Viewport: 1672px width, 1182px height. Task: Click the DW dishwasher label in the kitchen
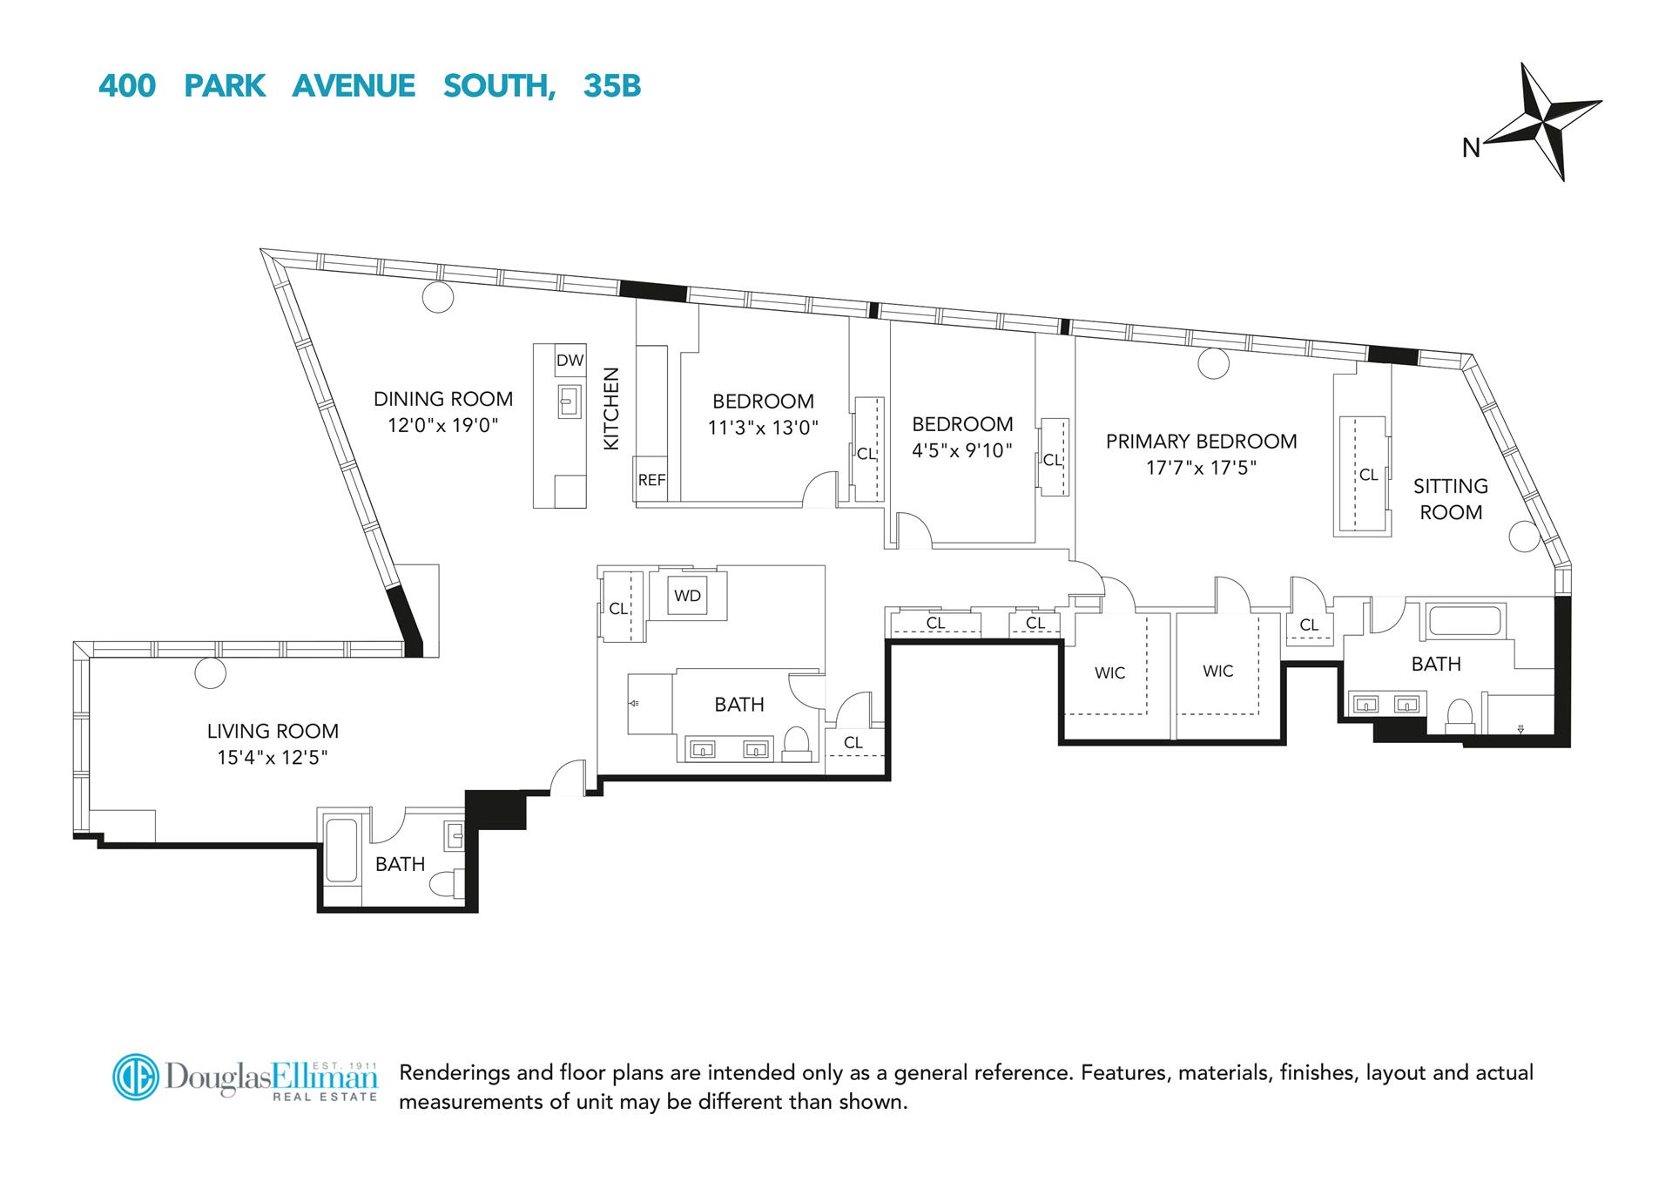tap(570, 361)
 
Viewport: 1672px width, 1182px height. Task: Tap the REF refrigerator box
tap(651, 479)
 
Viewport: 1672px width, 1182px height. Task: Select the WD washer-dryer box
tap(687, 596)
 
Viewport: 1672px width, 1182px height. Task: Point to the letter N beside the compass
tap(1471, 149)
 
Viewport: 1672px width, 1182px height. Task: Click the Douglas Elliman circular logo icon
tap(136, 1077)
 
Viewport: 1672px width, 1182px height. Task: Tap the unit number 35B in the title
tap(612, 86)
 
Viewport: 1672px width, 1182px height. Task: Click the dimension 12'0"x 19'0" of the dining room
tap(442, 425)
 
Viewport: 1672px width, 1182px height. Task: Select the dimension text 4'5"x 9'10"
tap(962, 450)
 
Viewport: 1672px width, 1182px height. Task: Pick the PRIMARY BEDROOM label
tap(1201, 441)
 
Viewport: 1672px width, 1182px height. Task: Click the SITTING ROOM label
tap(1450, 499)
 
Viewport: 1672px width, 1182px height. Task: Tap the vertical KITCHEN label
tap(611, 409)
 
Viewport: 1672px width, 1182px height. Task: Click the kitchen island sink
tap(570, 403)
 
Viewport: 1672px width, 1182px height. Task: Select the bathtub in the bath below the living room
tap(340, 850)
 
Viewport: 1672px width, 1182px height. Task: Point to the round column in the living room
tap(210, 672)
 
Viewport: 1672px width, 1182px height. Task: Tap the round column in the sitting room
tap(1524, 537)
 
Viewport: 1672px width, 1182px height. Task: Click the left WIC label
tap(1109, 672)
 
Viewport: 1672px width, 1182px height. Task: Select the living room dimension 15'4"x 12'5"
tap(273, 757)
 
